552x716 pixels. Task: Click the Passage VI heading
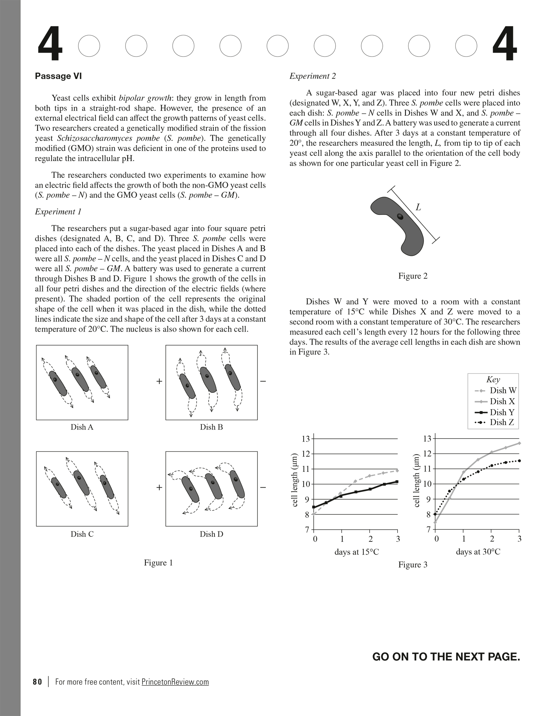coord(58,76)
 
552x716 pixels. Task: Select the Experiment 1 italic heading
coord(58,212)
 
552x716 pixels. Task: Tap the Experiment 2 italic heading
coord(313,76)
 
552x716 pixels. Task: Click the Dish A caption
coord(82,427)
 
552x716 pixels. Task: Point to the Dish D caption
coord(211,534)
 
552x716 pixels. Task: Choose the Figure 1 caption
coord(158,563)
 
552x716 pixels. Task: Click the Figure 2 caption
coord(413,276)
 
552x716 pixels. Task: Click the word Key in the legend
coord(493,380)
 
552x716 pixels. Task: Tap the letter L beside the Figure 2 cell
coord(418,208)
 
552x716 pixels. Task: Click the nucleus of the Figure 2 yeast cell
coord(400,217)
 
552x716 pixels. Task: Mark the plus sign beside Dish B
coord(159,381)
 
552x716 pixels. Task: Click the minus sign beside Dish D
coord(263,487)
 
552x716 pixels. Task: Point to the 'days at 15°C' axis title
coord(356,552)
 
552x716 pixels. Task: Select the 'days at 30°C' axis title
coord(478,552)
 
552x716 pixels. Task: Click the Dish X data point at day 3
coord(519,443)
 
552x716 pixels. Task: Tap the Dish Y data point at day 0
coord(314,507)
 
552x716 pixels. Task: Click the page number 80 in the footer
coord(37,682)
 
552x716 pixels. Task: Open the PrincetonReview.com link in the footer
coord(175,682)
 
